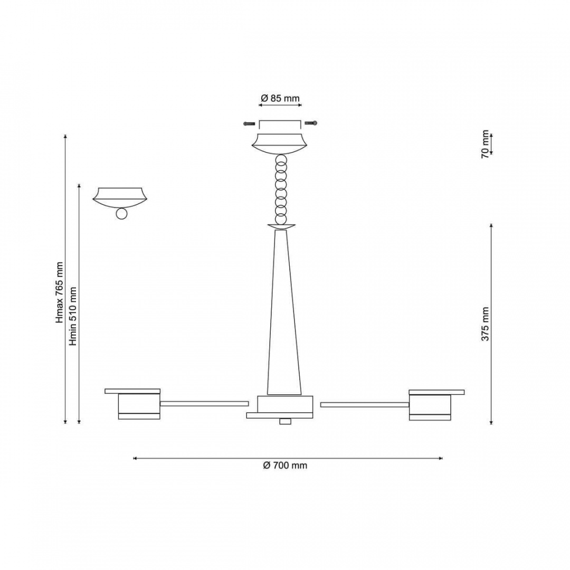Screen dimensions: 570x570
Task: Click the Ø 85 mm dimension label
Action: [x=280, y=98]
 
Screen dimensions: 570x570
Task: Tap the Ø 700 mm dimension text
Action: [x=285, y=465]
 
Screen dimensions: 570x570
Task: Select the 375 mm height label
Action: [x=486, y=324]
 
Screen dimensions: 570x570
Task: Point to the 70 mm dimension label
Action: [x=486, y=144]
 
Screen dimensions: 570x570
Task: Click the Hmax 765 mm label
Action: [x=60, y=292]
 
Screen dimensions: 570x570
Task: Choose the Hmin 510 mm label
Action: [x=73, y=316]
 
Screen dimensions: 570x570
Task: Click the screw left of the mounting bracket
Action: [x=249, y=123]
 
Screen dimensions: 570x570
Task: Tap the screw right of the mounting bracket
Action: [x=311, y=123]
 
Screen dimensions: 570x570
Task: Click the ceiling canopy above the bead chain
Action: [x=280, y=144]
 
